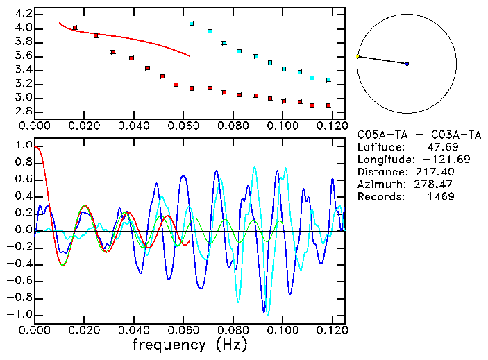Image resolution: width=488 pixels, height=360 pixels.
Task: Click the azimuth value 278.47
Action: click(x=435, y=185)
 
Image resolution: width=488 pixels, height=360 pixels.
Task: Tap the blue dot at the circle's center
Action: click(x=407, y=64)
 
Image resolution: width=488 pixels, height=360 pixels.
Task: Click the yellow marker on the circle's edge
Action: click(x=357, y=56)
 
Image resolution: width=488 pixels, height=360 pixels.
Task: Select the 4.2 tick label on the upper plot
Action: click(x=22, y=14)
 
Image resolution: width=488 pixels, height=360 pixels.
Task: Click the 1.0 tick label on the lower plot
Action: click(x=22, y=146)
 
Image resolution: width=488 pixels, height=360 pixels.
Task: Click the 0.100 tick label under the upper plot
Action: click(x=283, y=126)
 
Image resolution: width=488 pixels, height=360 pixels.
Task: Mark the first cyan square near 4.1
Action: click(x=192, y=24)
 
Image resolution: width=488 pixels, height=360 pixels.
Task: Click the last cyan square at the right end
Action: click(x=328, y=80)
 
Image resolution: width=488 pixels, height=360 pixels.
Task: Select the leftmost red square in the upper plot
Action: click(x=75, y=28)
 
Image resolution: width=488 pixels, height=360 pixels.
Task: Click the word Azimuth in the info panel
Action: click(x=378, y=185)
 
